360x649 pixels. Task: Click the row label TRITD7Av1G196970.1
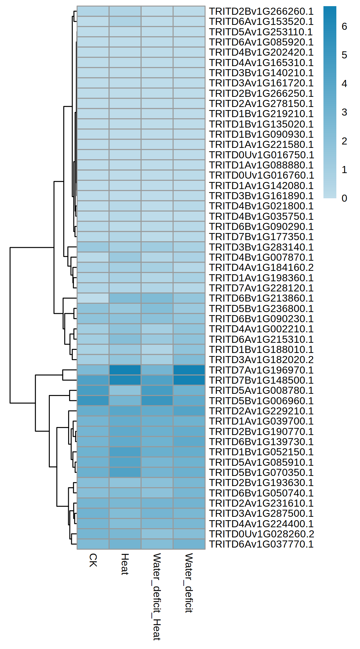(x=261, y=370)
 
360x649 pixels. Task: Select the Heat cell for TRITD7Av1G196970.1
(x=125, y=370)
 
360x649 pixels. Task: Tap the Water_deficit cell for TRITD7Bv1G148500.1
(x=189, y=380)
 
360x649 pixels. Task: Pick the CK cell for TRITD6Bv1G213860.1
(x=93, y=298)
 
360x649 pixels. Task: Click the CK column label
(x=93, y=560)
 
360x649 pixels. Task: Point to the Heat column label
(x=125, y=564)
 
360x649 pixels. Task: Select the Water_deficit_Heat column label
(x=157, y=596)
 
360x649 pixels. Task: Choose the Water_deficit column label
(x=189, y=583)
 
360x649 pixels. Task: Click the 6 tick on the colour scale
(x=344, y=27)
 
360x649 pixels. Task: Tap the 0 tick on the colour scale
(x=344, y=198)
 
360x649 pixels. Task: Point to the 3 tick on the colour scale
(x=344, y=113)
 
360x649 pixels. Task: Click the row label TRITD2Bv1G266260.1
(x=261, y=11)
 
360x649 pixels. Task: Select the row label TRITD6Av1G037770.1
(x=261, y=544)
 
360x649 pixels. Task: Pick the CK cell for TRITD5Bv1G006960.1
(x=93, y=401)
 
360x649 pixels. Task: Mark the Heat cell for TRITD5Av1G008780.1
(x=125, y=390)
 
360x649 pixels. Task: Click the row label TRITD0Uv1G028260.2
(x=261, y=534)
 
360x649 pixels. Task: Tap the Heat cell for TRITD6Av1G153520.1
(x=125, y=22)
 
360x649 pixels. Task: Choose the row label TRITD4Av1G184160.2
(x=261, y=267)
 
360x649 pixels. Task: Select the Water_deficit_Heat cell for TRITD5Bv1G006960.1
(x=157, y=401)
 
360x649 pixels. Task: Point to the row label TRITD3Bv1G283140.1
(x=261, y=247)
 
